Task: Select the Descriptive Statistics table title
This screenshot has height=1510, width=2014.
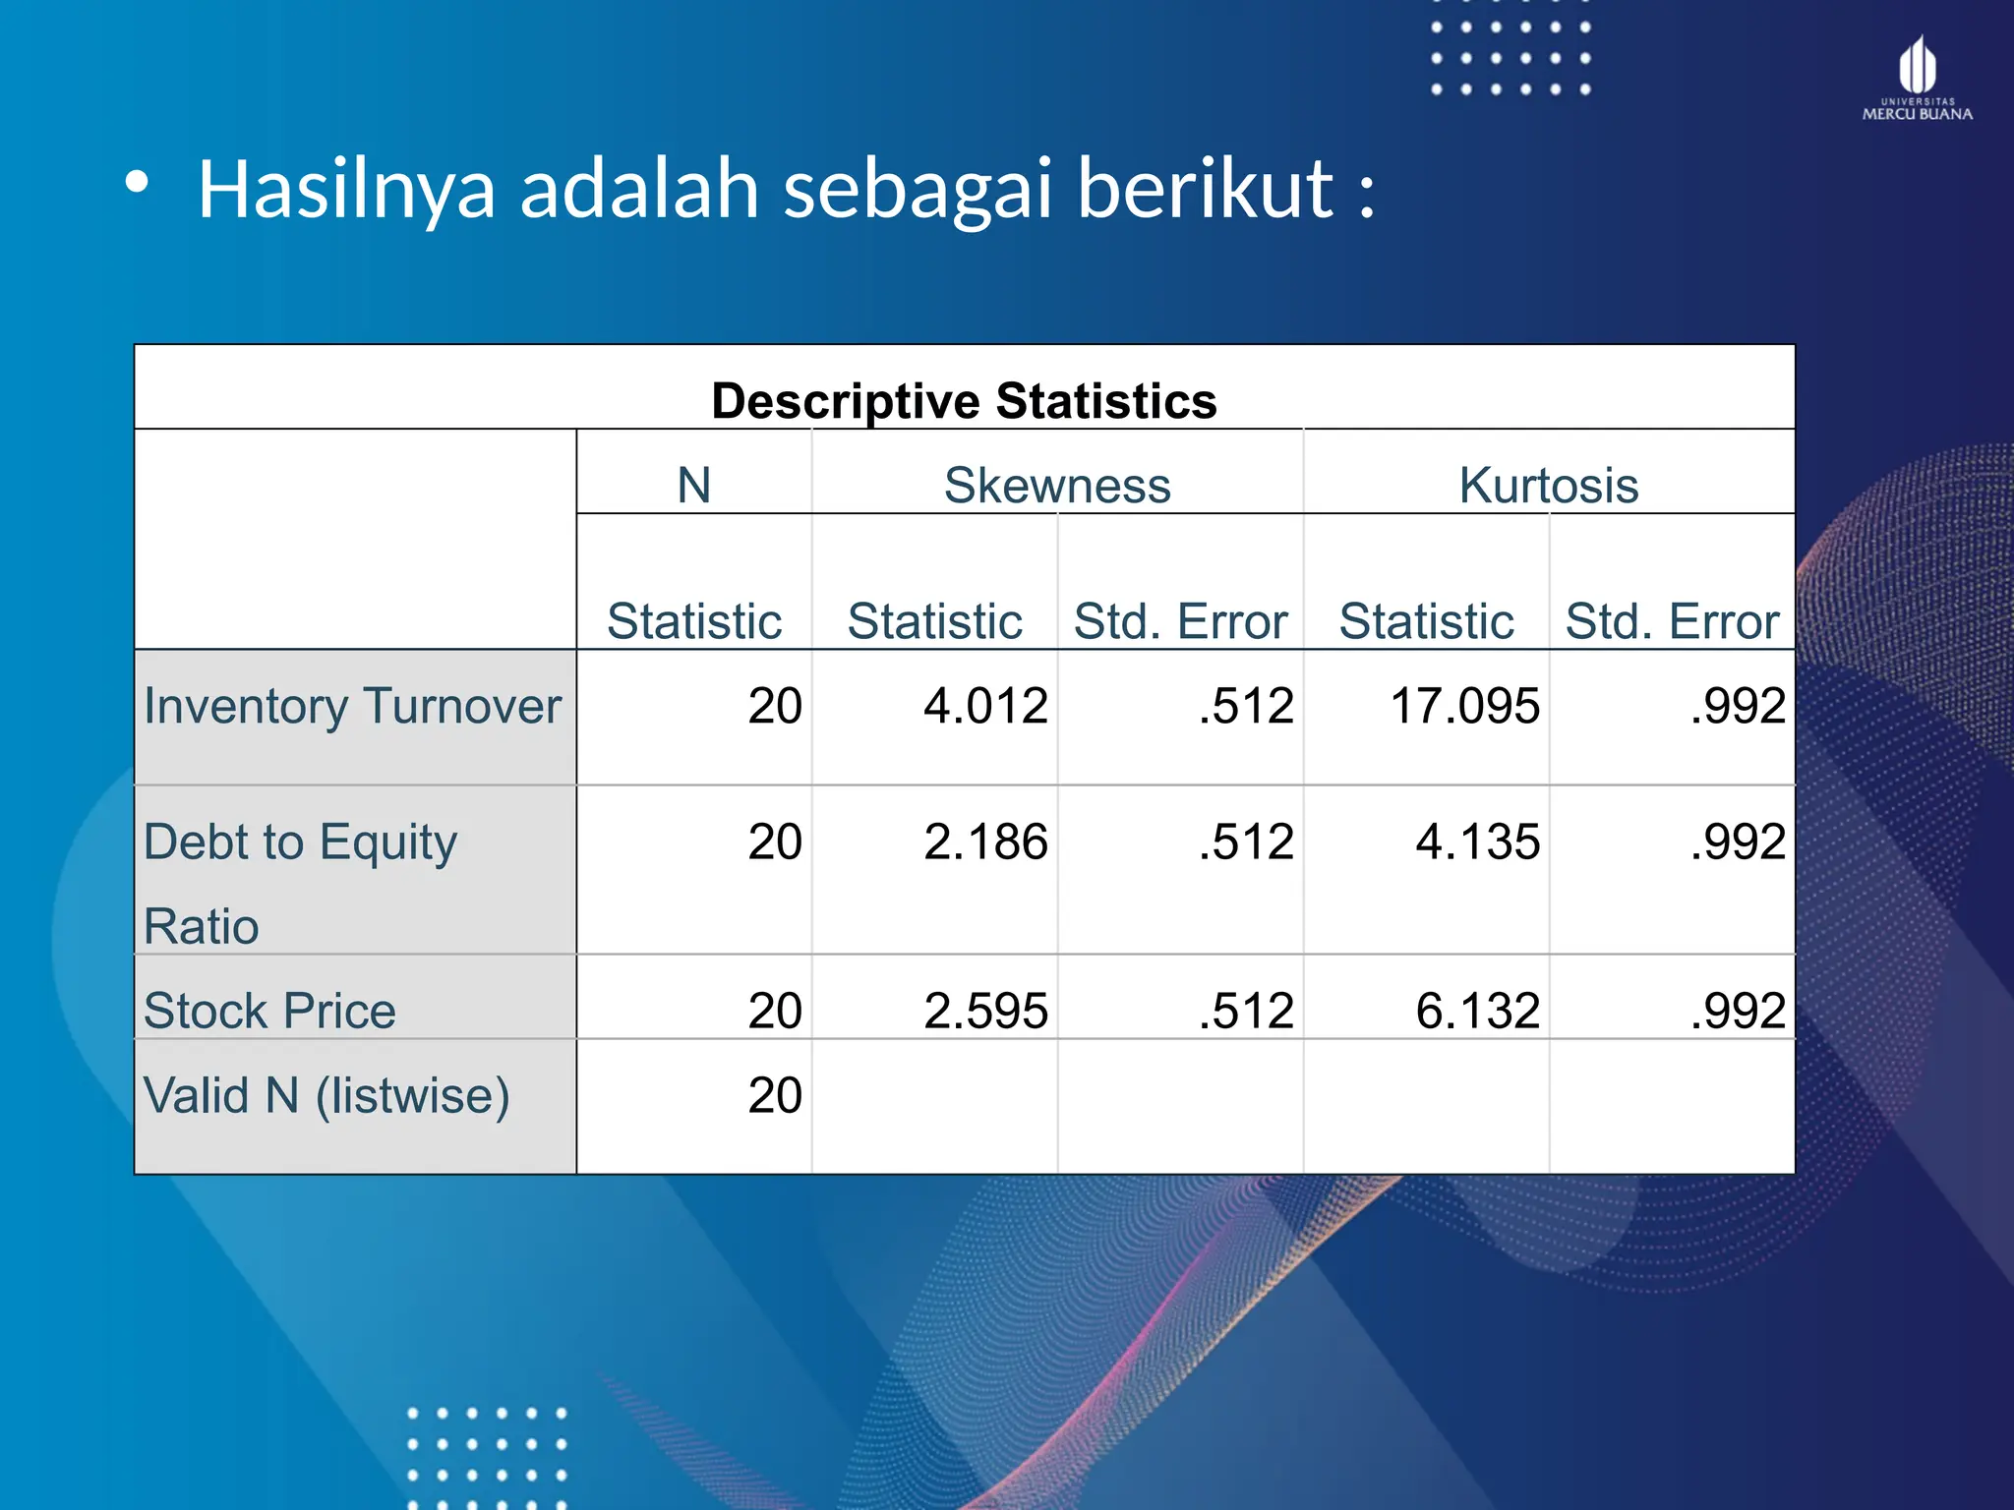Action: coord(964,401)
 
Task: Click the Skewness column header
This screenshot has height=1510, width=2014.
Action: coord(1057,485)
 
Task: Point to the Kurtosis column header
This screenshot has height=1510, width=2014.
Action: coord(1549,485)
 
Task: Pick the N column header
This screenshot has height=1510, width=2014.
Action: coord(694,485)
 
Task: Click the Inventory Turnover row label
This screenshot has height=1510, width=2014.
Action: coord(352,706)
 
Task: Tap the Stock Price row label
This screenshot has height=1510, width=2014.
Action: coord(269,1011)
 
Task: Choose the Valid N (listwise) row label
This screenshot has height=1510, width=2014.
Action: coord(326,1095)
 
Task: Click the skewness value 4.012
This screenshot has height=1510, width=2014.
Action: coord(985,706)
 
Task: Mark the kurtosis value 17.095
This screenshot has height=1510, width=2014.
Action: coord(1464,706)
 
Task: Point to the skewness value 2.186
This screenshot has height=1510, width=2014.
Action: coord(985,842)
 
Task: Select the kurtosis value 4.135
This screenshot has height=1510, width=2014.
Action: coord(1477,842)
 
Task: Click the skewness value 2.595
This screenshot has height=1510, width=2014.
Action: coord(985,1011)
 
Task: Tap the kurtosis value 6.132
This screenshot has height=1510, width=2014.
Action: coord(1477,1011)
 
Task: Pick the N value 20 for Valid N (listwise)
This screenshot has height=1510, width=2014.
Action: coord(775,1095)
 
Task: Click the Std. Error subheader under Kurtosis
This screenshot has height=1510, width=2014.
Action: coord(1672,621)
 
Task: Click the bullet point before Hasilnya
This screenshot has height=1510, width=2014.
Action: coord(137,182)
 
